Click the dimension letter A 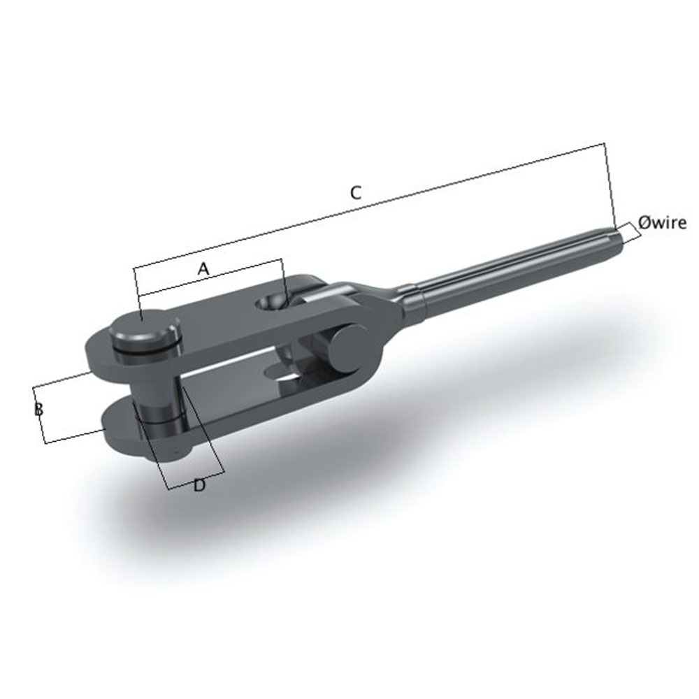pyautogui.click(x=203, y=268)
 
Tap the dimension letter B pyautogui.click(x=39, y=410)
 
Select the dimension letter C pyautogui.click(x=355, y=193)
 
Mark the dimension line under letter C pyautogui.click(x=370, y=206)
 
